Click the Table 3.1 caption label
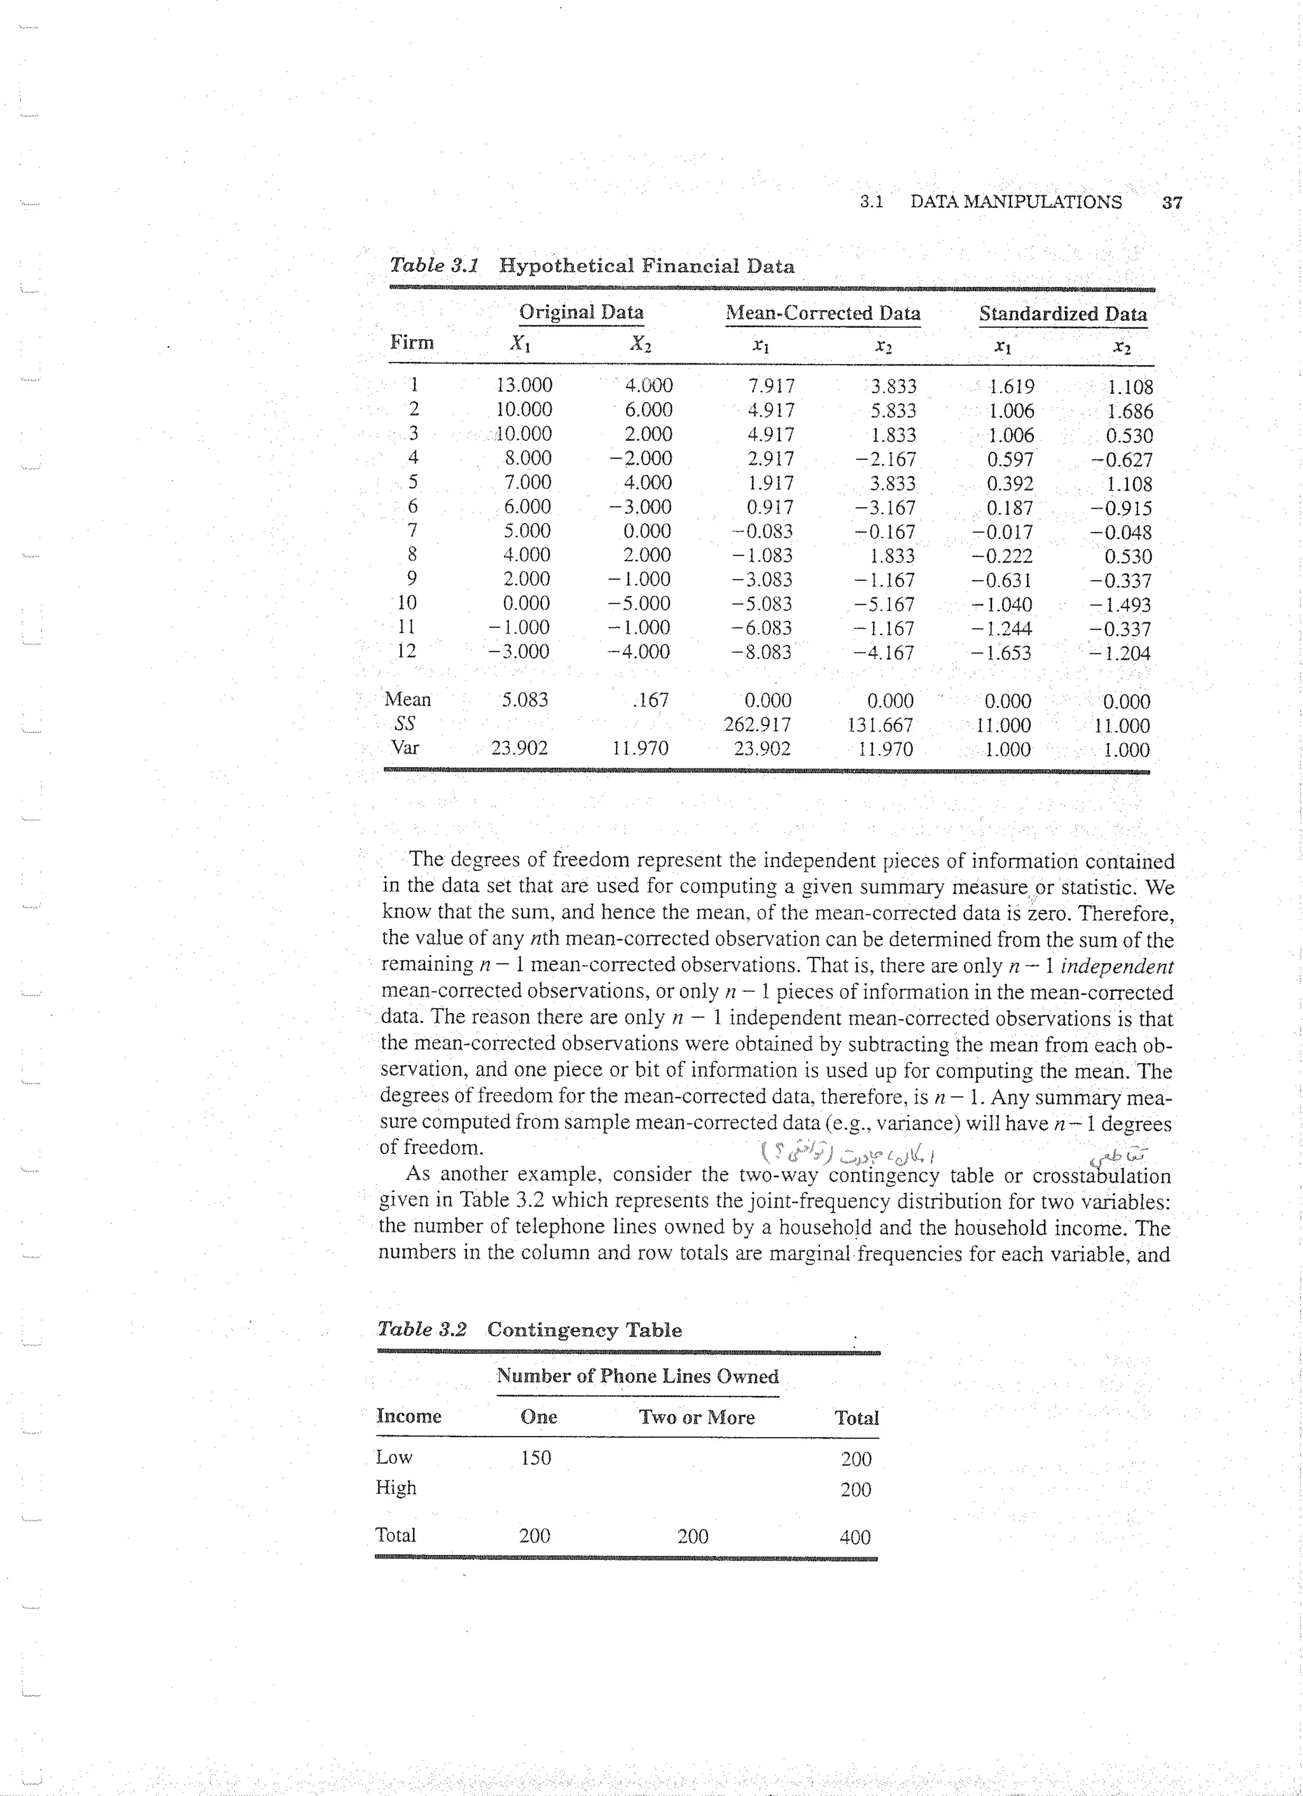pos(434,265)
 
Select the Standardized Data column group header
pos(1063,314)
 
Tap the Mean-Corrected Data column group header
pos(823,313)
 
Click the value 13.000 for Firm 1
pos(524,386)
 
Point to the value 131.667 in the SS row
pos(880,725)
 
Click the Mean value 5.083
pos(524,700)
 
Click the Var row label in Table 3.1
pos(405,748)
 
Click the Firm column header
pos(412,343)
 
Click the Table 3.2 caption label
pos(421,1330)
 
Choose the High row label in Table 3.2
pos(396,1488)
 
